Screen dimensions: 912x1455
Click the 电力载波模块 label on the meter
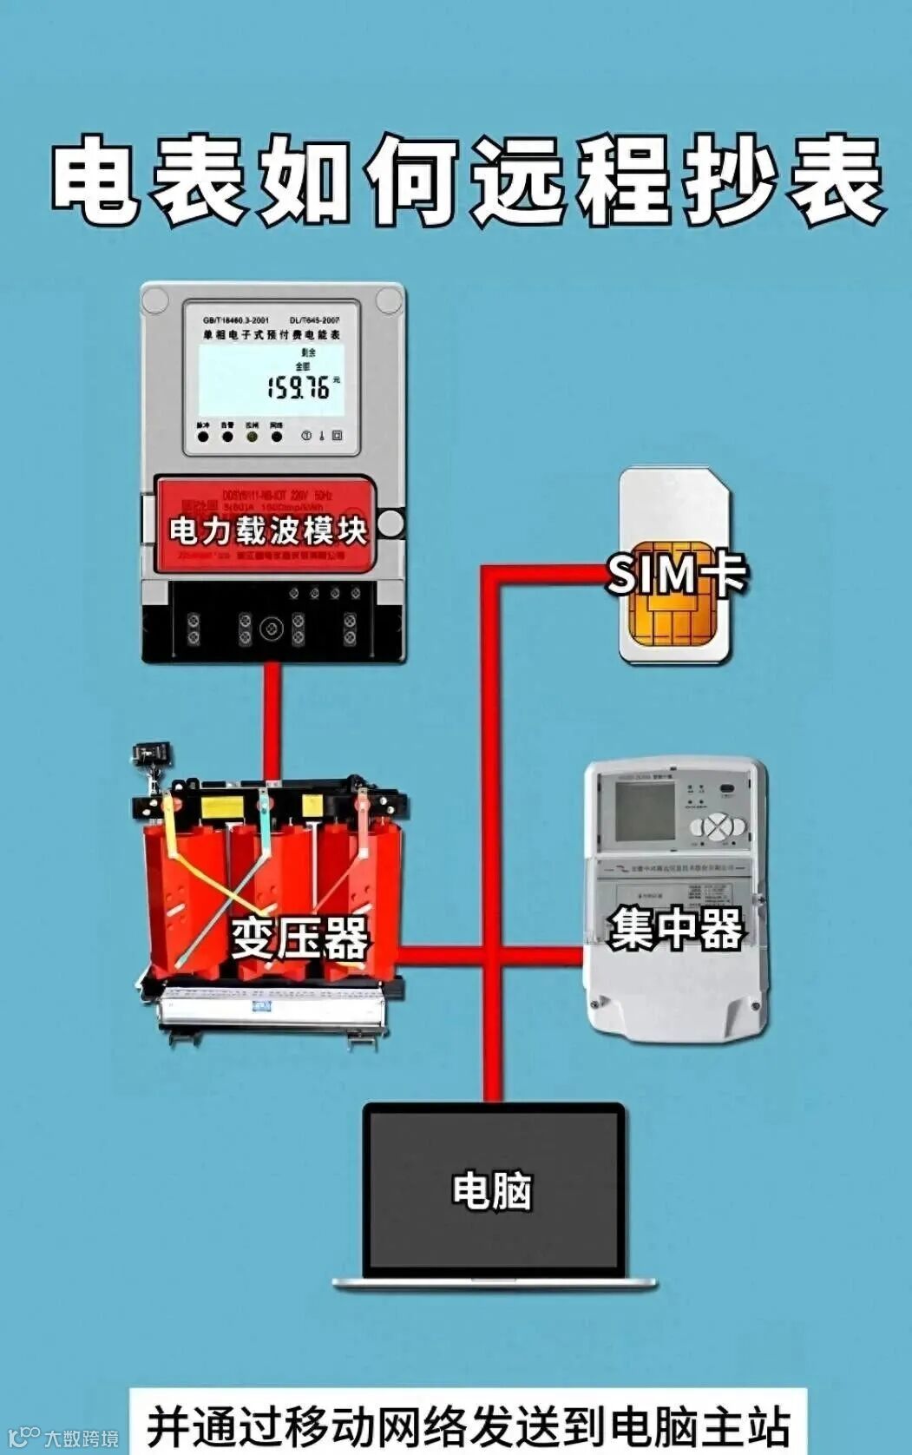[267, 530]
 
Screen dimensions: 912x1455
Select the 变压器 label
[299, 938]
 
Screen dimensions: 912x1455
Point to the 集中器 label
[676, 929]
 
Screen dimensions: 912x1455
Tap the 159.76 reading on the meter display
[299, 387]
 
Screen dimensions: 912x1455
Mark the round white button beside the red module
[391, 523]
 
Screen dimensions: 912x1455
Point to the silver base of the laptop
[495, 1281]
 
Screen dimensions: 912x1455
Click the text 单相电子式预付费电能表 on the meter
[272, 334]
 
